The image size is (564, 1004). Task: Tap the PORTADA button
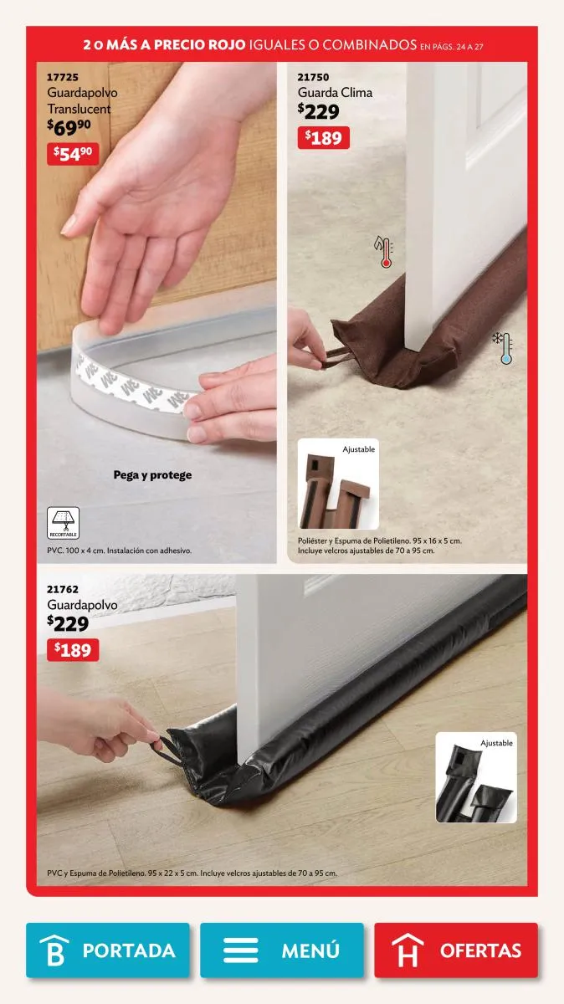tap(108, 950)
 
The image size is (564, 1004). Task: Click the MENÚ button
tap(281, 950)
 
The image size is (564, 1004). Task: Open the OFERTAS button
tap(456, 950)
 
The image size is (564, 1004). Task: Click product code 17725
tap(63, 77)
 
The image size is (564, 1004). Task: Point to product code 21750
tap(314, 77)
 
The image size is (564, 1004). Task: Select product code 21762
tap(63, 589)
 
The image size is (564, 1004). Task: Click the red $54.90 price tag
tap(73, 154)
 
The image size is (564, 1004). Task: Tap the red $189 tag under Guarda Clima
tap(323, 137)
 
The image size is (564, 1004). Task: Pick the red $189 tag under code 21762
tap(73, 650)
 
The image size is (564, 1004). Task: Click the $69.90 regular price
tap(69, 127)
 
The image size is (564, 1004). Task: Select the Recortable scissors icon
tap(64, 523)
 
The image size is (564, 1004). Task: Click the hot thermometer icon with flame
tap(384, 252)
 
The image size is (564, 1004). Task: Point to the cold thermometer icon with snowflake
tap(503, 348)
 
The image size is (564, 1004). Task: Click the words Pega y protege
tap(152, 475)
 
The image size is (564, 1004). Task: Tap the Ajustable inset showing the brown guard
tap(338, 484)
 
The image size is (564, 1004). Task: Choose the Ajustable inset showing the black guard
tap(476, 777)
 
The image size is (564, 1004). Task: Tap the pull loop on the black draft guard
tap(167, 750)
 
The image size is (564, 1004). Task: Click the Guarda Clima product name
tap(335, 93)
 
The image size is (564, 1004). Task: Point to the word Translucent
tap(79, 109)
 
